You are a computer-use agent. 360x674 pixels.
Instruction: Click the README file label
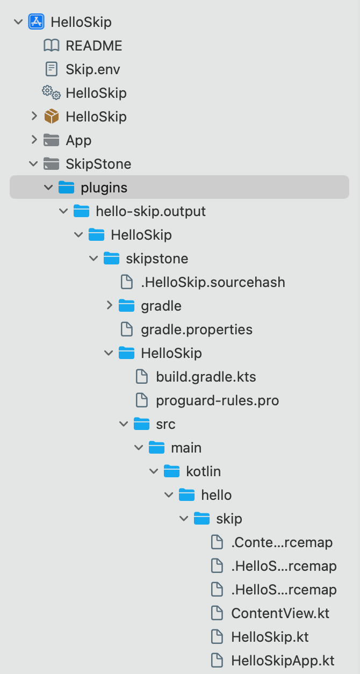[x=93, y=46]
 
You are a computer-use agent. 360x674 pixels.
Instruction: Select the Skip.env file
[x=92, y=69]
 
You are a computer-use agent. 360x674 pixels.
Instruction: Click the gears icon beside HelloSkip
[x=51, y=92]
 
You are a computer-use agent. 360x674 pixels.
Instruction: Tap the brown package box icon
[x=51, y=117]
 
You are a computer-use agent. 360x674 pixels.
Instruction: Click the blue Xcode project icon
[x=36, y=22]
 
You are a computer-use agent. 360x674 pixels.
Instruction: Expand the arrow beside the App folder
[x=34, y=140]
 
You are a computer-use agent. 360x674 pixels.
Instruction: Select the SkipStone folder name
[x=98, y=164]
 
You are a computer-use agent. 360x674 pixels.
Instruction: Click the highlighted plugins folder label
[x=104, y=188]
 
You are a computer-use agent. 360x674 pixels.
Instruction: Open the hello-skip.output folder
[x=150, y=211]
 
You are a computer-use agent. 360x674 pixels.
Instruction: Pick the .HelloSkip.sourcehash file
[x=213, y=282]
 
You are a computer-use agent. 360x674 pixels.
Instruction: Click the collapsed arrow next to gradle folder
[x=110, y=306]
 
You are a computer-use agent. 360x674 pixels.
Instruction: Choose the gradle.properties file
[x=196, y=329]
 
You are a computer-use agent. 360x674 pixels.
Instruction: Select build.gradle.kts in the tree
[x=206, y=377]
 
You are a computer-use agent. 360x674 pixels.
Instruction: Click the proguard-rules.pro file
[x=217, y=400]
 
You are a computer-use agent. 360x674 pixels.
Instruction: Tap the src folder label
[x=165, y=424]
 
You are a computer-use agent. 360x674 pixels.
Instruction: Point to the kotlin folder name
[x=203, y=471]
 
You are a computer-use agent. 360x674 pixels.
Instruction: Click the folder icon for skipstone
[x=111, y=259]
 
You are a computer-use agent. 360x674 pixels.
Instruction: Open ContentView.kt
[x=280, y=613]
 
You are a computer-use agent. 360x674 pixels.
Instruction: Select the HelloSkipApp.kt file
[x=283, y=661]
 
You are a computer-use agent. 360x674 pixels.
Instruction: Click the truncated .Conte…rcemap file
[x=282, y=542]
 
